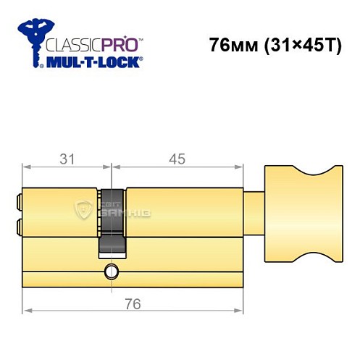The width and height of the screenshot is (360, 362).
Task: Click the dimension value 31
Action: tap(67, 159)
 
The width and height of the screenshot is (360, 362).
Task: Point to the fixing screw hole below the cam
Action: tap(112, 272)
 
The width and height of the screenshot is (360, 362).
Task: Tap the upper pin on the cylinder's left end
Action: tap(18, 198)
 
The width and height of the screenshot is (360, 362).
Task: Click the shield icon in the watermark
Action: tap(85, 211)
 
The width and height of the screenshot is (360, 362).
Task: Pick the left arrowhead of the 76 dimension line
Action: tap(27, 311)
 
